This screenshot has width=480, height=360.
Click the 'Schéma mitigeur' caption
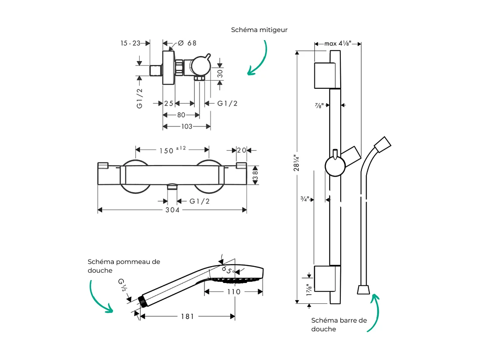point(259,30)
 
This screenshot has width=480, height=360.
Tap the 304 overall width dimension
point(172,210)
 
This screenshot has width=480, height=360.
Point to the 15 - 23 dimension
point(130,43)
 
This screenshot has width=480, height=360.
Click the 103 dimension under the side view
point(186,126)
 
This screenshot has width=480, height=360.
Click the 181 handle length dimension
point(187,316)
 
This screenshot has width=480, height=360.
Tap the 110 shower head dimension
point(233,291)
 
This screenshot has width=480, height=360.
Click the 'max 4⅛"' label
point(337,43)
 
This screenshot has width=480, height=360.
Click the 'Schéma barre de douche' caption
point(339,324)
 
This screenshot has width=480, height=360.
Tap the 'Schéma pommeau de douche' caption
point(124,266)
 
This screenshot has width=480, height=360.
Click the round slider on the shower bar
point(335,167)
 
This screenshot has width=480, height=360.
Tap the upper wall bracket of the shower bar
point(325,75)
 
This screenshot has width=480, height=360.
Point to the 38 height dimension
point(255,176)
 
